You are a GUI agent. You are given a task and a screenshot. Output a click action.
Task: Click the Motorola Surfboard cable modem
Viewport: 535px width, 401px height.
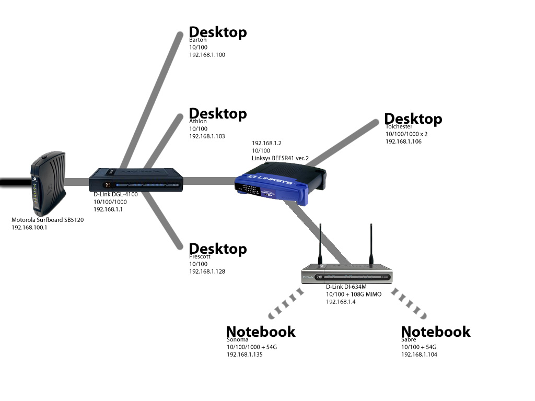tap(48, 183)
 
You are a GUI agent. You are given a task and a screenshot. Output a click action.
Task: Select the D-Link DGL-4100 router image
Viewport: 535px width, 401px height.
tap(136, 180)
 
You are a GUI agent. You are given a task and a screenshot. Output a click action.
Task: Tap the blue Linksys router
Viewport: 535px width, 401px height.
tap(280, 183)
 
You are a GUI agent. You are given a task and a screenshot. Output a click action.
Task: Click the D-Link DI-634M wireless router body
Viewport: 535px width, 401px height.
tap(347, 274)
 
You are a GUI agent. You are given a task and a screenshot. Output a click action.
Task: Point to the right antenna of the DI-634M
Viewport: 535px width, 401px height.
tap(371, 244)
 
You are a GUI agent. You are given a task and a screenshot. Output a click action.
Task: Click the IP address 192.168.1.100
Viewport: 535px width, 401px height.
tap(207, 55)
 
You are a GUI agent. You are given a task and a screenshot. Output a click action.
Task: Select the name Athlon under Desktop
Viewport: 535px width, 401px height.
tap(198, 121)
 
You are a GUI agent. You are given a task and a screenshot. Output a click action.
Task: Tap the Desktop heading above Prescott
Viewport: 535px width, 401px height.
tap(218, 249)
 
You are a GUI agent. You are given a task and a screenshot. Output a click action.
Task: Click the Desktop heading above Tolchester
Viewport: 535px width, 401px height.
tap(413, 119)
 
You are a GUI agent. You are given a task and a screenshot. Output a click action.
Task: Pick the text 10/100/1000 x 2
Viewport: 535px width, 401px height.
tap(406, 134)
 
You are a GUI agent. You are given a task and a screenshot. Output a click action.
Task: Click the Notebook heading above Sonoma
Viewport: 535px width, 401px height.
tap(261, 332)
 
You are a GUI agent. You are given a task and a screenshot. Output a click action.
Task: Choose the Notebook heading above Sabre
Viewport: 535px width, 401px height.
tap(436, 332)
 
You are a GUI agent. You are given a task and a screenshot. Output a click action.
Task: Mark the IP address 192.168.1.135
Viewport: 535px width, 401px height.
tap(245, 355)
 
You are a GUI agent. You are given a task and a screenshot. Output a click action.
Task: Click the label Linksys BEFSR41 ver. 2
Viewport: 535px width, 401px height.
tap(280, 158)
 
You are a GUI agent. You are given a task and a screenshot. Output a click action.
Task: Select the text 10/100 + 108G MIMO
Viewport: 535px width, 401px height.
tap(354, 294)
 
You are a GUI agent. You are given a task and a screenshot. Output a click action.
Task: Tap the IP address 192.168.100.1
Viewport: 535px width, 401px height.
tap(29, 228)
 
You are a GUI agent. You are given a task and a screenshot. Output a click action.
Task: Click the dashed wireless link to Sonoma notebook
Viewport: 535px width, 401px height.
tap(286, 303)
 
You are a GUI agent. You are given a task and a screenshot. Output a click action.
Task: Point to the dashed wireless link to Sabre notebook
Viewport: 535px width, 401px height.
tap(409, 303)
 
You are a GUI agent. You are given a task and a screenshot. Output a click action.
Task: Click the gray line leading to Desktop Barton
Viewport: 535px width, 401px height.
tap(151, 101)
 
